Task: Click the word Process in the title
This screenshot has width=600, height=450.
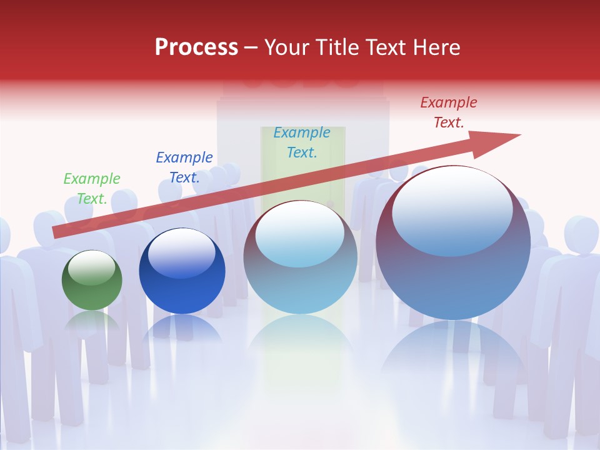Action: tap(196, 47)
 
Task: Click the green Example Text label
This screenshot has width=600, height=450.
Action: tap(92, 189)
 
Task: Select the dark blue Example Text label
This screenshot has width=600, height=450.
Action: tap(184, 167)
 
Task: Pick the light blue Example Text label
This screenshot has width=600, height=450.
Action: tap(302, 142)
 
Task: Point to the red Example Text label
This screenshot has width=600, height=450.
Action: tap(448, 112)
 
